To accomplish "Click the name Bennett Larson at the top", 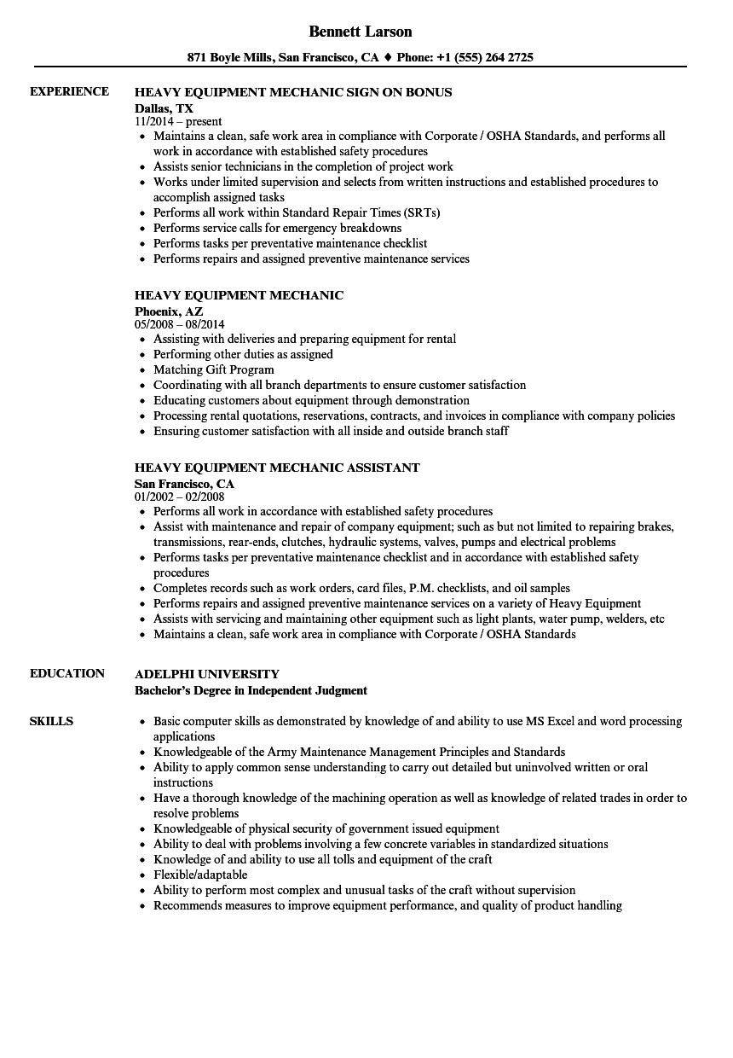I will tap(361, 32).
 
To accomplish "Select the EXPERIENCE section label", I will tap(69, 91).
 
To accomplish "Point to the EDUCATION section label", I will tap(67, 673).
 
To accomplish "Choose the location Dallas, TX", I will tap(164, 108).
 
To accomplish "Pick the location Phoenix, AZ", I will tap(169, 311).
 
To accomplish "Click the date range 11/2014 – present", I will tap(178, 121).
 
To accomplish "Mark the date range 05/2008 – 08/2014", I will tap(180, 324).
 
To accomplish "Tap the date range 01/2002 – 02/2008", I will tap(180, 497).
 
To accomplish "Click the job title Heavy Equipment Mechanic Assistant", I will tap(277, 468).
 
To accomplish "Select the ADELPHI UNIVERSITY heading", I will tap(207, 673).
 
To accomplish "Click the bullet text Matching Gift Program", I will tap(214, 369).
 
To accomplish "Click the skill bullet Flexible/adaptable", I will tap(200, 875).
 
